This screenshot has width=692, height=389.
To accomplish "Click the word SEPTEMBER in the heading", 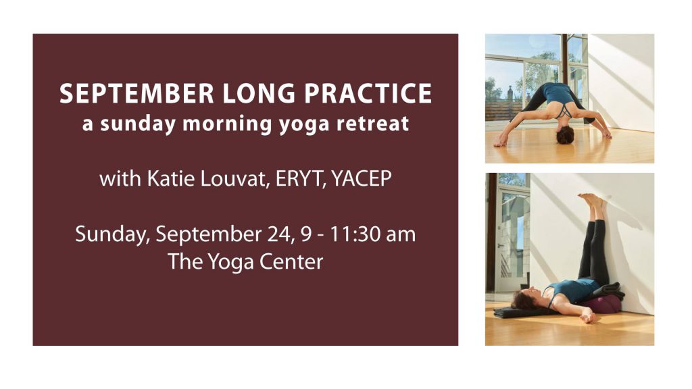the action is pyautogui.click(x=137, y=93).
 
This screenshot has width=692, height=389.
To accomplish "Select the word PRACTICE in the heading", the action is pyautogui.click(x=368, y=93).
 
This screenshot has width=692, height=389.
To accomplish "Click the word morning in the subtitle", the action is pyautogui.click(x=227, y=124).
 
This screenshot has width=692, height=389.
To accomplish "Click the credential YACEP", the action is pyautogui.click(x=362, y=178).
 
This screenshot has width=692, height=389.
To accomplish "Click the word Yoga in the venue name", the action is pyautogui.click(x=230, y=263).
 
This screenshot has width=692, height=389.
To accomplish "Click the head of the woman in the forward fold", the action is pyautogui.click(x=565, y=135).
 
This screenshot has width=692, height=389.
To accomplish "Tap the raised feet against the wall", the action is pyautogui.click(x=591, y=200).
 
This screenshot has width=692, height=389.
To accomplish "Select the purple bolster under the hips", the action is pyautogui.click(x=603, y=305).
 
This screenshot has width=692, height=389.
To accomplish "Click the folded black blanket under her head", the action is pyautogui.click(x=524, y=312).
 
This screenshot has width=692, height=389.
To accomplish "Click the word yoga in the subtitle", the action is pyautogui.click(x=304, y=124).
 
